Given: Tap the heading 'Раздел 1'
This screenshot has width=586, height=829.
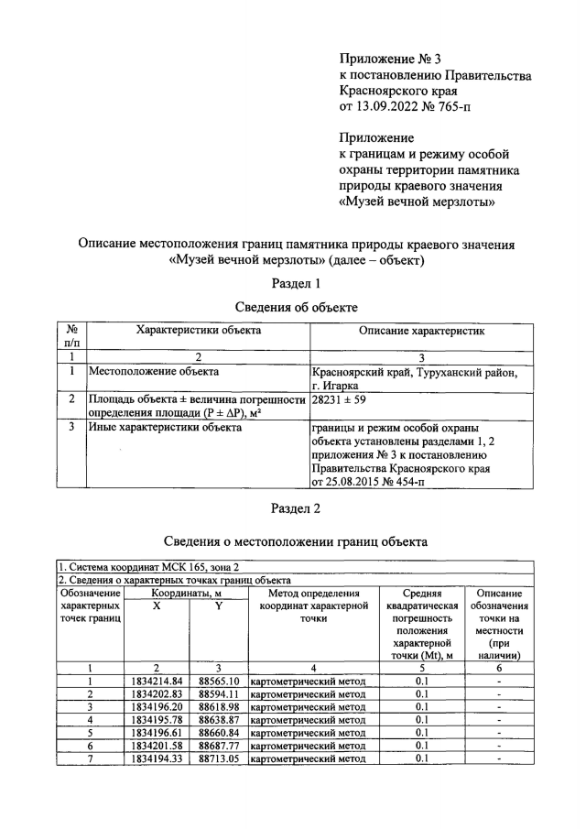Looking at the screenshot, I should point(293,282).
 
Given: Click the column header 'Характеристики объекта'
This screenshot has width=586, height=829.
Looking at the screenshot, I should point(198,330).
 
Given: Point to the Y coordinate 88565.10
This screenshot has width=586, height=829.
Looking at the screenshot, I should point(219,681).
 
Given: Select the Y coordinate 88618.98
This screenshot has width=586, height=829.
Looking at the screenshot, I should point(219,706).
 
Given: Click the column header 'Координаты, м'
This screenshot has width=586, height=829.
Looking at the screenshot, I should point(187,593).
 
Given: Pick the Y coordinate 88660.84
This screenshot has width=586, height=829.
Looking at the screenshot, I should point(219,732).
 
